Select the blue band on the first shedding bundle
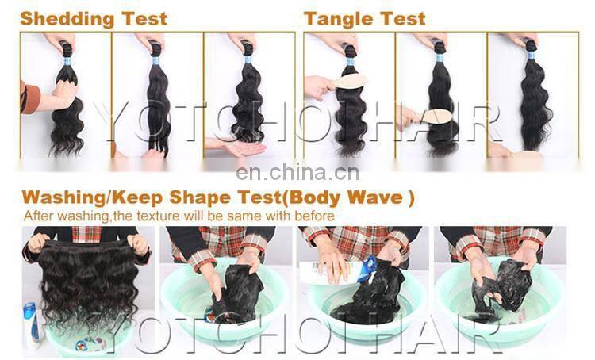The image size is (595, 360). (x=67, y=50)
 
